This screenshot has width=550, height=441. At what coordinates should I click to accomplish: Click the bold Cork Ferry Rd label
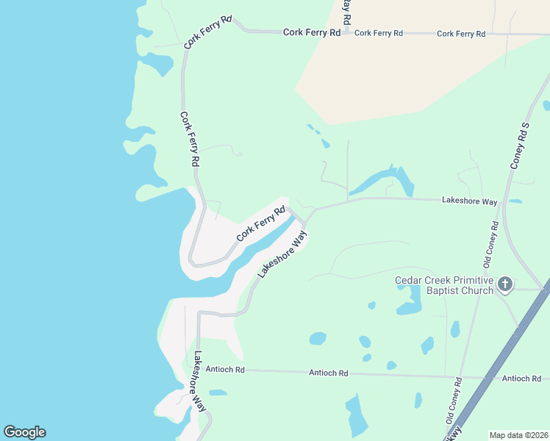(313, 33)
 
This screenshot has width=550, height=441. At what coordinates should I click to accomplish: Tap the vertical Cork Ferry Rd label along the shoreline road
(189, 138)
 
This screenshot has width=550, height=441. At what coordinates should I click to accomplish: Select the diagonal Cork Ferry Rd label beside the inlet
(261, 223)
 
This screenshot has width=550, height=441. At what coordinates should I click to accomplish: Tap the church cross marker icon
(504, 284)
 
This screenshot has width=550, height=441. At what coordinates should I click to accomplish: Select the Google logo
(24, 432)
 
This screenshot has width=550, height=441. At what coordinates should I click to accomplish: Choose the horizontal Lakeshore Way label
(469, 201)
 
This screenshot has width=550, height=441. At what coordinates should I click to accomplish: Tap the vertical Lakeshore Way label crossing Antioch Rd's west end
(199, 380)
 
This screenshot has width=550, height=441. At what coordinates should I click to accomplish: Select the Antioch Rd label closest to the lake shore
(225, 369)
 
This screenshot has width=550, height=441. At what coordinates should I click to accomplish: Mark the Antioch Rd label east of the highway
(521, 379)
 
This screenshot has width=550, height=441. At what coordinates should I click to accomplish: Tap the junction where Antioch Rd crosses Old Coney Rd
(462, 376)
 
